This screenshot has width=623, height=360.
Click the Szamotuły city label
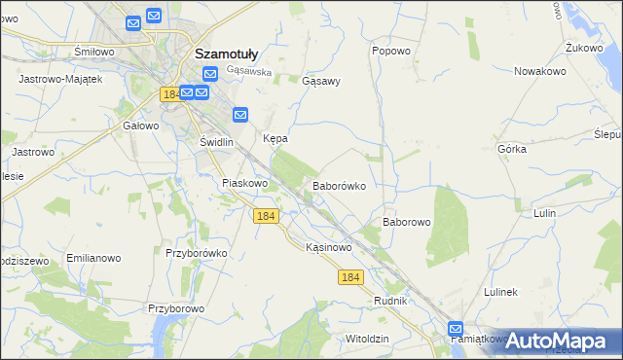[227, 54]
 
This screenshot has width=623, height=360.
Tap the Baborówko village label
[338, 185]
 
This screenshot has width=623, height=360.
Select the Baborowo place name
[406, 222]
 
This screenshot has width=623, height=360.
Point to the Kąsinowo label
[328, 248]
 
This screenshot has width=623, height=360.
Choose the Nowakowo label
[541, 71]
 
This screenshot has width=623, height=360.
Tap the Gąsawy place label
[321, 82]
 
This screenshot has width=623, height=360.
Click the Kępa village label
[275, 139]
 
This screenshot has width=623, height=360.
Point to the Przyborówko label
[196, 253]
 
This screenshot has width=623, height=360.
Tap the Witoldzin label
[367, 339]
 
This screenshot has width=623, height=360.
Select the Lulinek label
[505, 292]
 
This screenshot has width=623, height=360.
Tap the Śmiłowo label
[94, 51]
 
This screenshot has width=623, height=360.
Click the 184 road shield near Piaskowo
[266, 216]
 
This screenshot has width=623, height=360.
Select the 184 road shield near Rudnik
[351, 278]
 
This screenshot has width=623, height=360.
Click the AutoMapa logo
[558, 341]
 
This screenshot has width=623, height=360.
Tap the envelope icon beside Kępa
[240, 115]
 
